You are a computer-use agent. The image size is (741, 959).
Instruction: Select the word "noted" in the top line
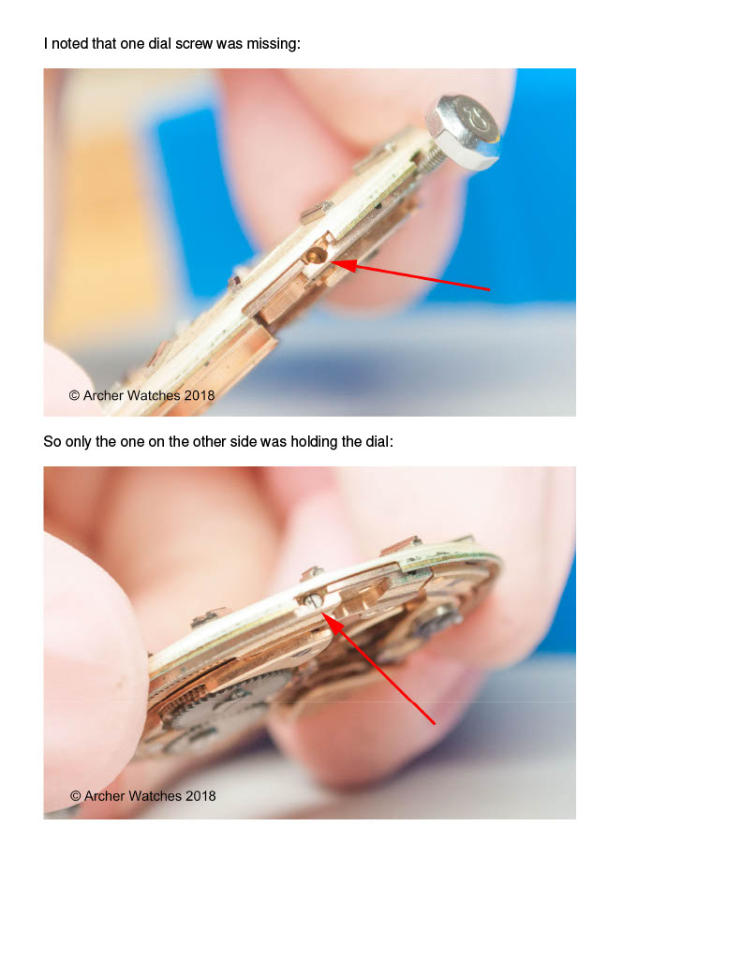coord(69,44)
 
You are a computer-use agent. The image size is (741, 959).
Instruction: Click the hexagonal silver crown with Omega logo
coord(463,131)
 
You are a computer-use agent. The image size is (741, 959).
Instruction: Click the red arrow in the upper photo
coord(409,275)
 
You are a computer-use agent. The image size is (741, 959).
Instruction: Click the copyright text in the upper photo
coord(141,396)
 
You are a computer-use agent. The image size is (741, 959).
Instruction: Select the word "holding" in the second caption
coord(314,442)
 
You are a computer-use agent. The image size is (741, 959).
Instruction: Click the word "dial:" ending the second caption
coord(379,442)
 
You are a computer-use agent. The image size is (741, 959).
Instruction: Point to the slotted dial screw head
coord(313,601)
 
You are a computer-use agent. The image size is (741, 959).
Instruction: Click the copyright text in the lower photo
coord(142,796)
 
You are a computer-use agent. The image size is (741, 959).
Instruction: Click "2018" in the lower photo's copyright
coord(200,796)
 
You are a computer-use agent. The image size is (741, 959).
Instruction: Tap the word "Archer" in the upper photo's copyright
coord(104,396)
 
